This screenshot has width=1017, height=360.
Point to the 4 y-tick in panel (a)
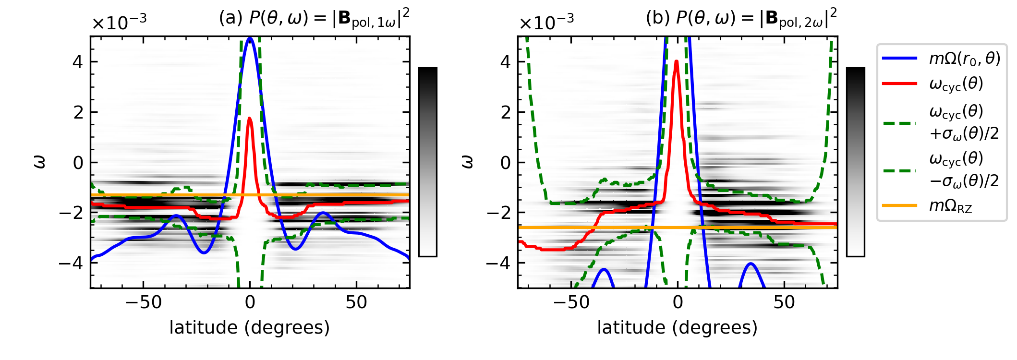coord(77,62)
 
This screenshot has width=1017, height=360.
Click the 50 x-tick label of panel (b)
coord(784,302)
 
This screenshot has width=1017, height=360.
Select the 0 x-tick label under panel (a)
coord(250,302)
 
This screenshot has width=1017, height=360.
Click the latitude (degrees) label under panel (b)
coord(677,328)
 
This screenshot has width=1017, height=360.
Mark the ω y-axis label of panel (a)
coord(40,162)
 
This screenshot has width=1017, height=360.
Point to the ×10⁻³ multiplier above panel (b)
coord(546,22)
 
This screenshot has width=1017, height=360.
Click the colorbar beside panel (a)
coord(427,162)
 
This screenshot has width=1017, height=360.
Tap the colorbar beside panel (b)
coord(855,162)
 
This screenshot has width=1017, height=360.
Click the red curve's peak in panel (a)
coord(250,118)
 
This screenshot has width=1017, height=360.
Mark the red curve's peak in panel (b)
coord(677,61)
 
